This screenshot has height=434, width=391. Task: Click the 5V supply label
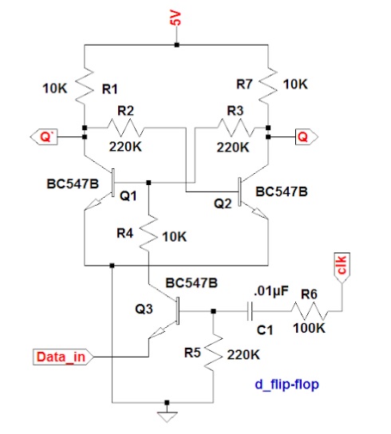coord(176,19)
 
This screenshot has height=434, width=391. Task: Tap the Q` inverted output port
coord(44,136)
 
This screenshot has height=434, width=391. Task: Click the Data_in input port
coord(63,357)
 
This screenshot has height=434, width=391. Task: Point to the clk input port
coord(342,267)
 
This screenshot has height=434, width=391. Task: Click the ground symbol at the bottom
coord(167,416)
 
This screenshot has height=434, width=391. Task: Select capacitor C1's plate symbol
coord(250,311)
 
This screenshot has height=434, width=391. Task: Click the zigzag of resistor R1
coord(85,85)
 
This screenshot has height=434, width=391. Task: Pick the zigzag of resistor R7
coord(268,85)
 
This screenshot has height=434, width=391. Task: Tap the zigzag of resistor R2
coord(125,128)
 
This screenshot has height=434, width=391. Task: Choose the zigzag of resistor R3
coord(235,128)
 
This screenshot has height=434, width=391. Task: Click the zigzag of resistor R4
coord(148,232)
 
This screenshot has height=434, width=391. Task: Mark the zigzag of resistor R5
coord(213,352)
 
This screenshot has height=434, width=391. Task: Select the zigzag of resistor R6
coord(310,311)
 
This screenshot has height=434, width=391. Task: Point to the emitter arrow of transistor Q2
coord(259,212)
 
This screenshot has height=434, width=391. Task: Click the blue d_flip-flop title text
coord(286,385)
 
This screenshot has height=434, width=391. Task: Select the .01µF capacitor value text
coord(271,291)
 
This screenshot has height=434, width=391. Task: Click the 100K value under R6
coord(309,328)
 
